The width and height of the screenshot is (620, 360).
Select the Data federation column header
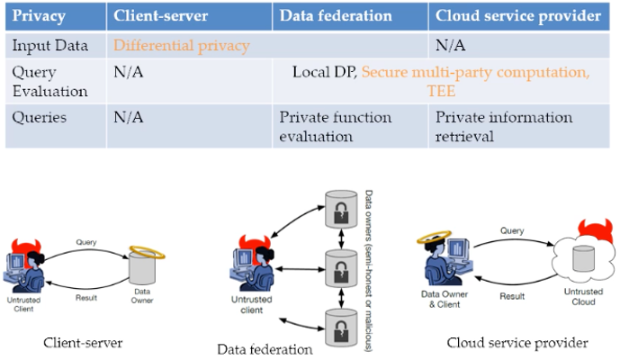336,16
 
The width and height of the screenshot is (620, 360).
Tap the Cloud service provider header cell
517,16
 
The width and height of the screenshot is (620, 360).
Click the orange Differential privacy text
182,45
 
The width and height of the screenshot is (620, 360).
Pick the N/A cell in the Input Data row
450,45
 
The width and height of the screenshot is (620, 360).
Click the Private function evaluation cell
336,126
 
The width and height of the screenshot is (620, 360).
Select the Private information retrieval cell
504,126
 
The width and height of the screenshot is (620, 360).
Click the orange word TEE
441,91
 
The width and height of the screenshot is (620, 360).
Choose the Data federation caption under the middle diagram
265,348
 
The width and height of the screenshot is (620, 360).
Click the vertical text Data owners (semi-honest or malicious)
369,270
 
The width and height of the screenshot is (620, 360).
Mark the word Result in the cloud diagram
511,295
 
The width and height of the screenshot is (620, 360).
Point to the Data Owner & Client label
447,299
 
